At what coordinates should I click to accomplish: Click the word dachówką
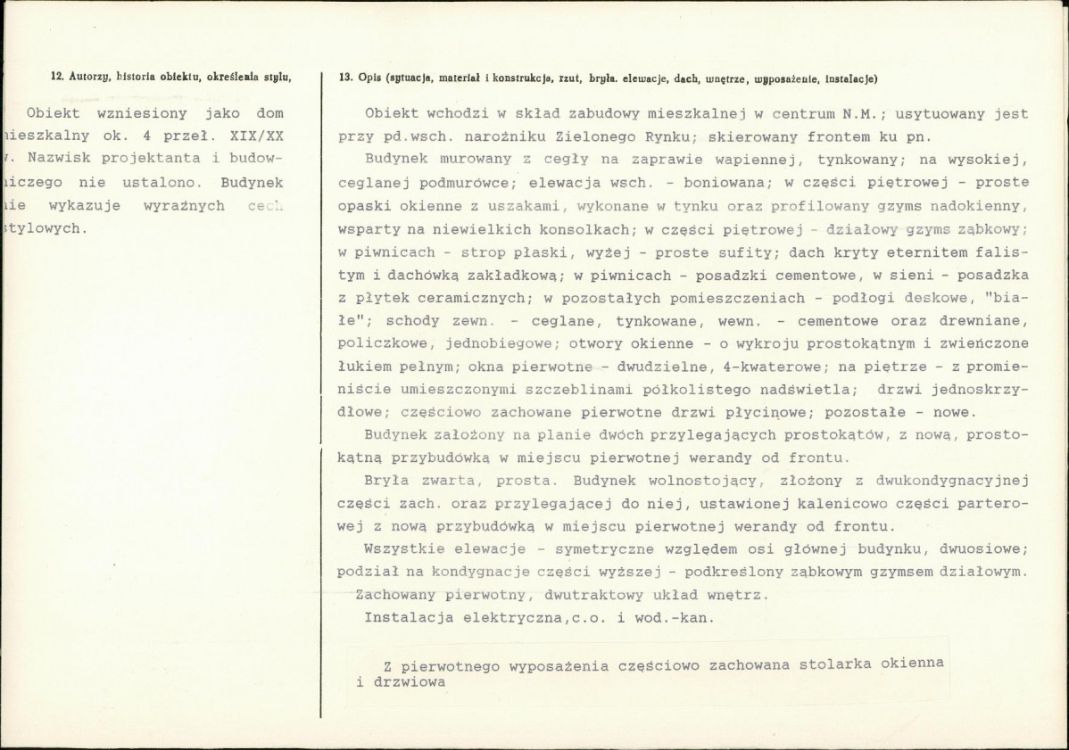click(x=426, y=276)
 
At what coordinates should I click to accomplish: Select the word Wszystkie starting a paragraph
click(x=401, y=548)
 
